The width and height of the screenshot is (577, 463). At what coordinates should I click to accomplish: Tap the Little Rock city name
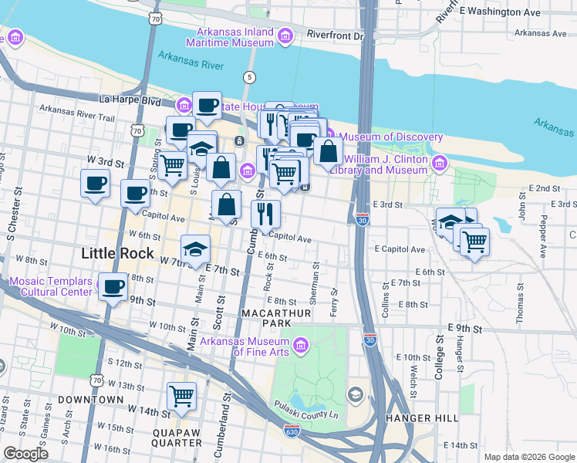click(117, 253)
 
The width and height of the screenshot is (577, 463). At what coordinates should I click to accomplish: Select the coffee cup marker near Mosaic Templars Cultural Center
click(114, 287)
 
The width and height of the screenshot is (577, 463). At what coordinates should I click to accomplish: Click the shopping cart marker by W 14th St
click(181, 396)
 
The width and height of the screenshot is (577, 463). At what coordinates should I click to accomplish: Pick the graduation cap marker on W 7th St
click(196, 248)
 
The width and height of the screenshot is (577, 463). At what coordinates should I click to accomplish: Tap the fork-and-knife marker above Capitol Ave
click(265, 212)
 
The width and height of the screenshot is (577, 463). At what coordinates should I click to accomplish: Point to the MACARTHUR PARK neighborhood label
click(276, 314)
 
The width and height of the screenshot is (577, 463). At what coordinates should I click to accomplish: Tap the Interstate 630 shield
click(292, 431)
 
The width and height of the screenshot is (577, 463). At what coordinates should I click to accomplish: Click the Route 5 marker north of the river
click(248, 77)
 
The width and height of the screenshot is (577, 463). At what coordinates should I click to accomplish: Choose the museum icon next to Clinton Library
click(440, 164)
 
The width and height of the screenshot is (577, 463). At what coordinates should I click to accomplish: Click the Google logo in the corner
click(25, 454)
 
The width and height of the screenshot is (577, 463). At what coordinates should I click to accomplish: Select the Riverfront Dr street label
click(335, 35)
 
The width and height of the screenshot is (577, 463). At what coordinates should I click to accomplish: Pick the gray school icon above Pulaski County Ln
click(354, 396)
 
